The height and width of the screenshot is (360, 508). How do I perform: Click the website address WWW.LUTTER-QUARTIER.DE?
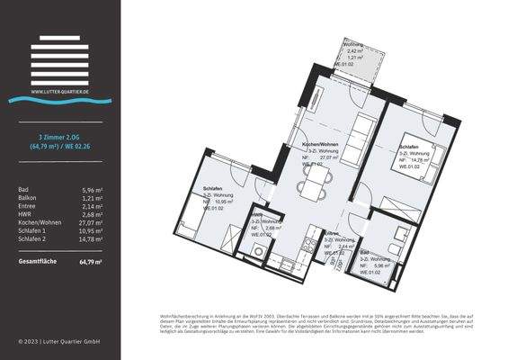(x=59, y=91)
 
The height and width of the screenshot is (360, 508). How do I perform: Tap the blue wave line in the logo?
(x=59, y=98)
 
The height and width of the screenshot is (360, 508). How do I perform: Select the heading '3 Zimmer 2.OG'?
(x=59, y=135)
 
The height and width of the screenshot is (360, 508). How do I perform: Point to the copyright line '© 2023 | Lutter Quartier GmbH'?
(x=59, y=342)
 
